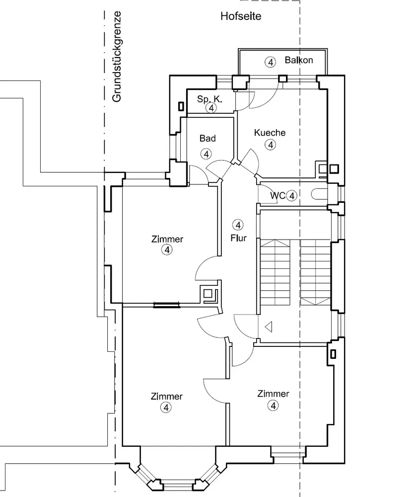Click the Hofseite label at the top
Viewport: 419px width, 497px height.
241,16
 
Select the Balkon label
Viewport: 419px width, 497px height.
299,60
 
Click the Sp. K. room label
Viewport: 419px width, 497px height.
209,99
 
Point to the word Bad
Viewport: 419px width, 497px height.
208,138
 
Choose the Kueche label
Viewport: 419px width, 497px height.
270,133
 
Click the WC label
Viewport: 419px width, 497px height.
278,196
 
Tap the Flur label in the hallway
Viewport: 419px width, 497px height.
238,238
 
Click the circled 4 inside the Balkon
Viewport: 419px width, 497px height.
270,62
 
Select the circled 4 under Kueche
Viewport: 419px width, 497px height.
270,145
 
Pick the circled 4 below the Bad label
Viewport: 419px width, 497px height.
206,154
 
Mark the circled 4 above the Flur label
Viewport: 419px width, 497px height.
238,225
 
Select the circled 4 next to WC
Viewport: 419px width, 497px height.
291,196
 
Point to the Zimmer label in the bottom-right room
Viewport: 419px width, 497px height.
273,394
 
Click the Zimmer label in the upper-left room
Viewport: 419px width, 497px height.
167,239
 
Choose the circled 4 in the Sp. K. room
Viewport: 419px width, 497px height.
212,107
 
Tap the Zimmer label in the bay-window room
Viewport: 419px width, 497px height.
166,396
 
